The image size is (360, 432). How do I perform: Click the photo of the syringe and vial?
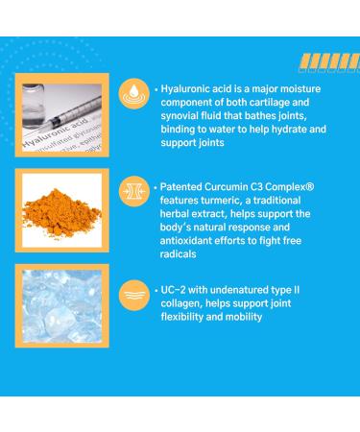[x=61, y=112]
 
